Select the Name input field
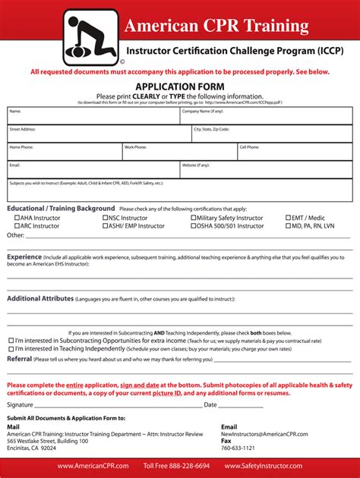[x=93, y=118]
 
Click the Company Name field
[x=266, y=118]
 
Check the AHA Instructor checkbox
[x=17, y=218]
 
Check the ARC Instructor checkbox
[x=17, y=226]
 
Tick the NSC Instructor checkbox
[x=105, y=218]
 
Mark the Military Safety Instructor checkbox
[x=194, y=218]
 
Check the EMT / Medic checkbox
[x=289, y=218]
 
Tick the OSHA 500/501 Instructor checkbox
[x=194, y=226]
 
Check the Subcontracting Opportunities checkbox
[x=11, y=341]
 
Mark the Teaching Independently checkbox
[x=11, y=349]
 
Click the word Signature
[x=21, y=404]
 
